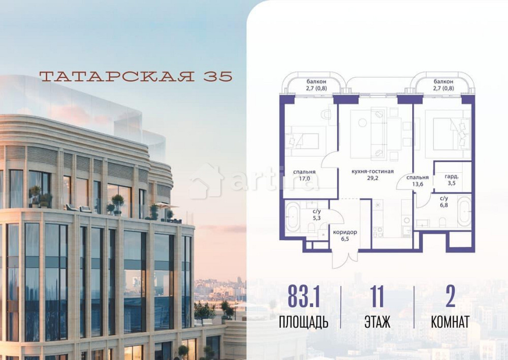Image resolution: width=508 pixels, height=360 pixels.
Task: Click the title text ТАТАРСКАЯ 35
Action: pos(136,76)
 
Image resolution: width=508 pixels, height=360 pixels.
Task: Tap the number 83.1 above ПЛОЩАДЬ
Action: pos(304,298)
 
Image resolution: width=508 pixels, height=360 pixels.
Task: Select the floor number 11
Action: pos(377,298)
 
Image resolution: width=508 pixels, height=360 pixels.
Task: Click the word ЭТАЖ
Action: pos(377,322)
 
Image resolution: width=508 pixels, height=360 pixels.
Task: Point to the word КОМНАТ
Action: pos(450,322)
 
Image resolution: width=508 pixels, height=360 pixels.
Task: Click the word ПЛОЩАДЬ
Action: pos(304,322)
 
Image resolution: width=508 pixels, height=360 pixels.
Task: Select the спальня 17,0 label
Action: pos(304,175)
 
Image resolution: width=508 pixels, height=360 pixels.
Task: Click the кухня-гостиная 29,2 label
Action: pos(372,175)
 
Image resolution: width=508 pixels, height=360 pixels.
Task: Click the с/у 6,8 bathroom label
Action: pos(444,202)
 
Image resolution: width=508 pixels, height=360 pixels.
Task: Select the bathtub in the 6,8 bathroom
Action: pos(463,212)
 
